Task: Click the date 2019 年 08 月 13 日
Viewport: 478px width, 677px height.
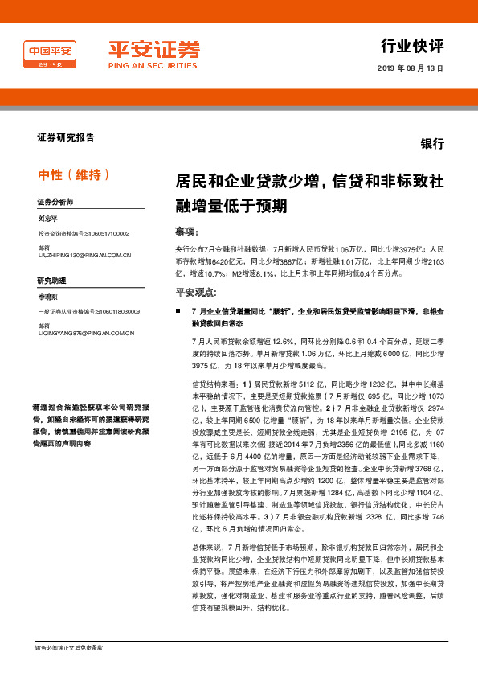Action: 410,70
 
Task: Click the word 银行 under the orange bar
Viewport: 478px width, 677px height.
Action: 432,144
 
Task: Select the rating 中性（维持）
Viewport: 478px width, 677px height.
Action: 74,175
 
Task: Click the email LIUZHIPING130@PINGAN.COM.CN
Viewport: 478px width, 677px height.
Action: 84,256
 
